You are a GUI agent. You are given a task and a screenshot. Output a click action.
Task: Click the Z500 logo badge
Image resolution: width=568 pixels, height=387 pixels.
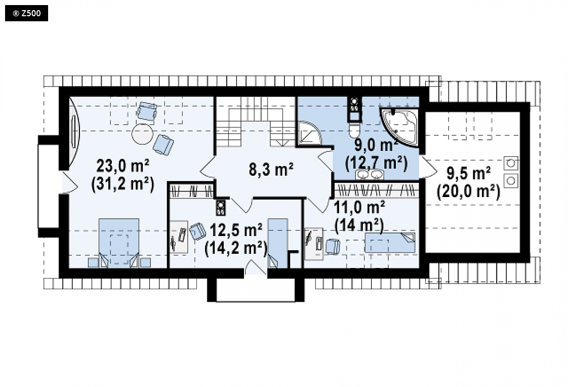pyautogui.click(x=26, y=13)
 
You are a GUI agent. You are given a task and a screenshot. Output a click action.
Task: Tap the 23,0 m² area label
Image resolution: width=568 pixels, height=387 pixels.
pyautogui.click(x=123, y=166)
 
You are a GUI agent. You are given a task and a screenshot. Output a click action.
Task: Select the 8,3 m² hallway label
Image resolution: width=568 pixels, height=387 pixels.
pyautogui.click(x=271, y=169)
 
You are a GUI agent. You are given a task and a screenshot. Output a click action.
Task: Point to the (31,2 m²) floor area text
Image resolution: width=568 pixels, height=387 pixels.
pyautogui.click(x=123, y=184)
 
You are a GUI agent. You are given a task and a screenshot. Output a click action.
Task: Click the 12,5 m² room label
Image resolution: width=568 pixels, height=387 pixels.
pyautogui.click(x=236, y=230)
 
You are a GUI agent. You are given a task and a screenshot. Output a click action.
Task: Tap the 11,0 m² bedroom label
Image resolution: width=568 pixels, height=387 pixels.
pyautogui.click(x=359, y=208)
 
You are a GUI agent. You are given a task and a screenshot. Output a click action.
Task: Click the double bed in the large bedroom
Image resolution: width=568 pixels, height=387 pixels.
pyautogui.click(x=119, y=243)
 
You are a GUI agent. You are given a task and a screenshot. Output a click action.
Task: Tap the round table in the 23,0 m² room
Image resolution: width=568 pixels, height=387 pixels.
pyautogui.click(x=142, y=134)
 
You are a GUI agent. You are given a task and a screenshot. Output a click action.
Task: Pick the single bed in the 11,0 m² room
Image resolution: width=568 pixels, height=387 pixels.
pyautogui.click(x=390, y=243)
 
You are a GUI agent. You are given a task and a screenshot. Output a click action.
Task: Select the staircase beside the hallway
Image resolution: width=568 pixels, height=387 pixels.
pyautogui.click(x=255, y=122)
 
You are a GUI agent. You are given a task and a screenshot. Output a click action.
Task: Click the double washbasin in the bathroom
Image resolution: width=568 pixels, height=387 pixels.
pyautogui.click(x=370, y=175)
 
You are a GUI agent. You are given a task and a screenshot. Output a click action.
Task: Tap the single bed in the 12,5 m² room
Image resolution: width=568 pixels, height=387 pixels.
pyautogui.click(x=277, y=243)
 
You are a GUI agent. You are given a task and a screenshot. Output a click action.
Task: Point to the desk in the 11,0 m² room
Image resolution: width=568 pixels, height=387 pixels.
pyautogui.click(x=314, y=244)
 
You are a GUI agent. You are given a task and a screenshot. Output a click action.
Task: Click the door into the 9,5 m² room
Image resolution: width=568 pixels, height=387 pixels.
pyautogui.click(x=427, y=167)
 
